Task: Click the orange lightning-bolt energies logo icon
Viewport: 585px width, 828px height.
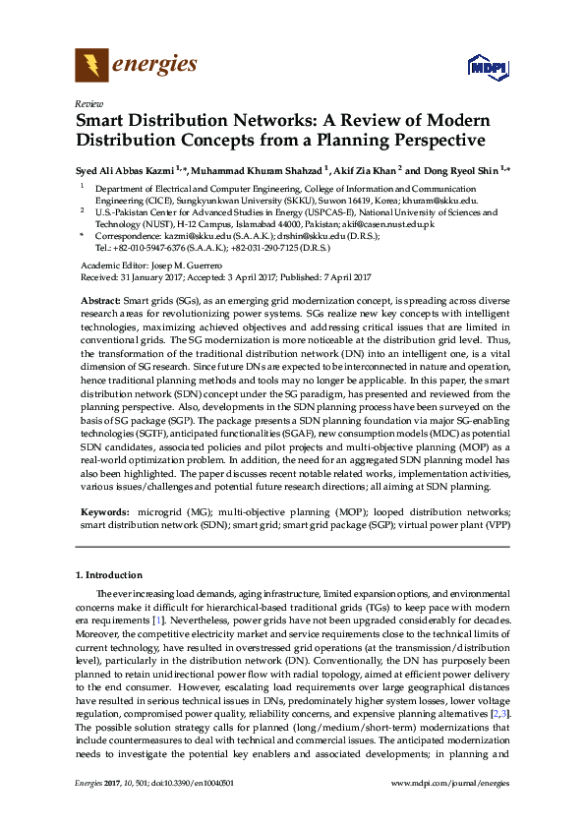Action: (x=91, y=66)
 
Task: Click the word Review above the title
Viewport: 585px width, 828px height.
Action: (x=88, y=102)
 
